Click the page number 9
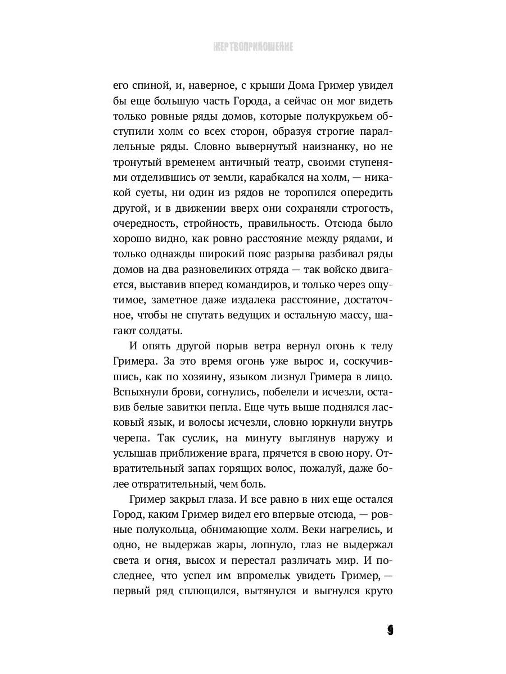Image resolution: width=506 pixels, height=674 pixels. (x=390, y=630)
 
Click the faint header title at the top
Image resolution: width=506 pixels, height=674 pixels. (x=253, y=47)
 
